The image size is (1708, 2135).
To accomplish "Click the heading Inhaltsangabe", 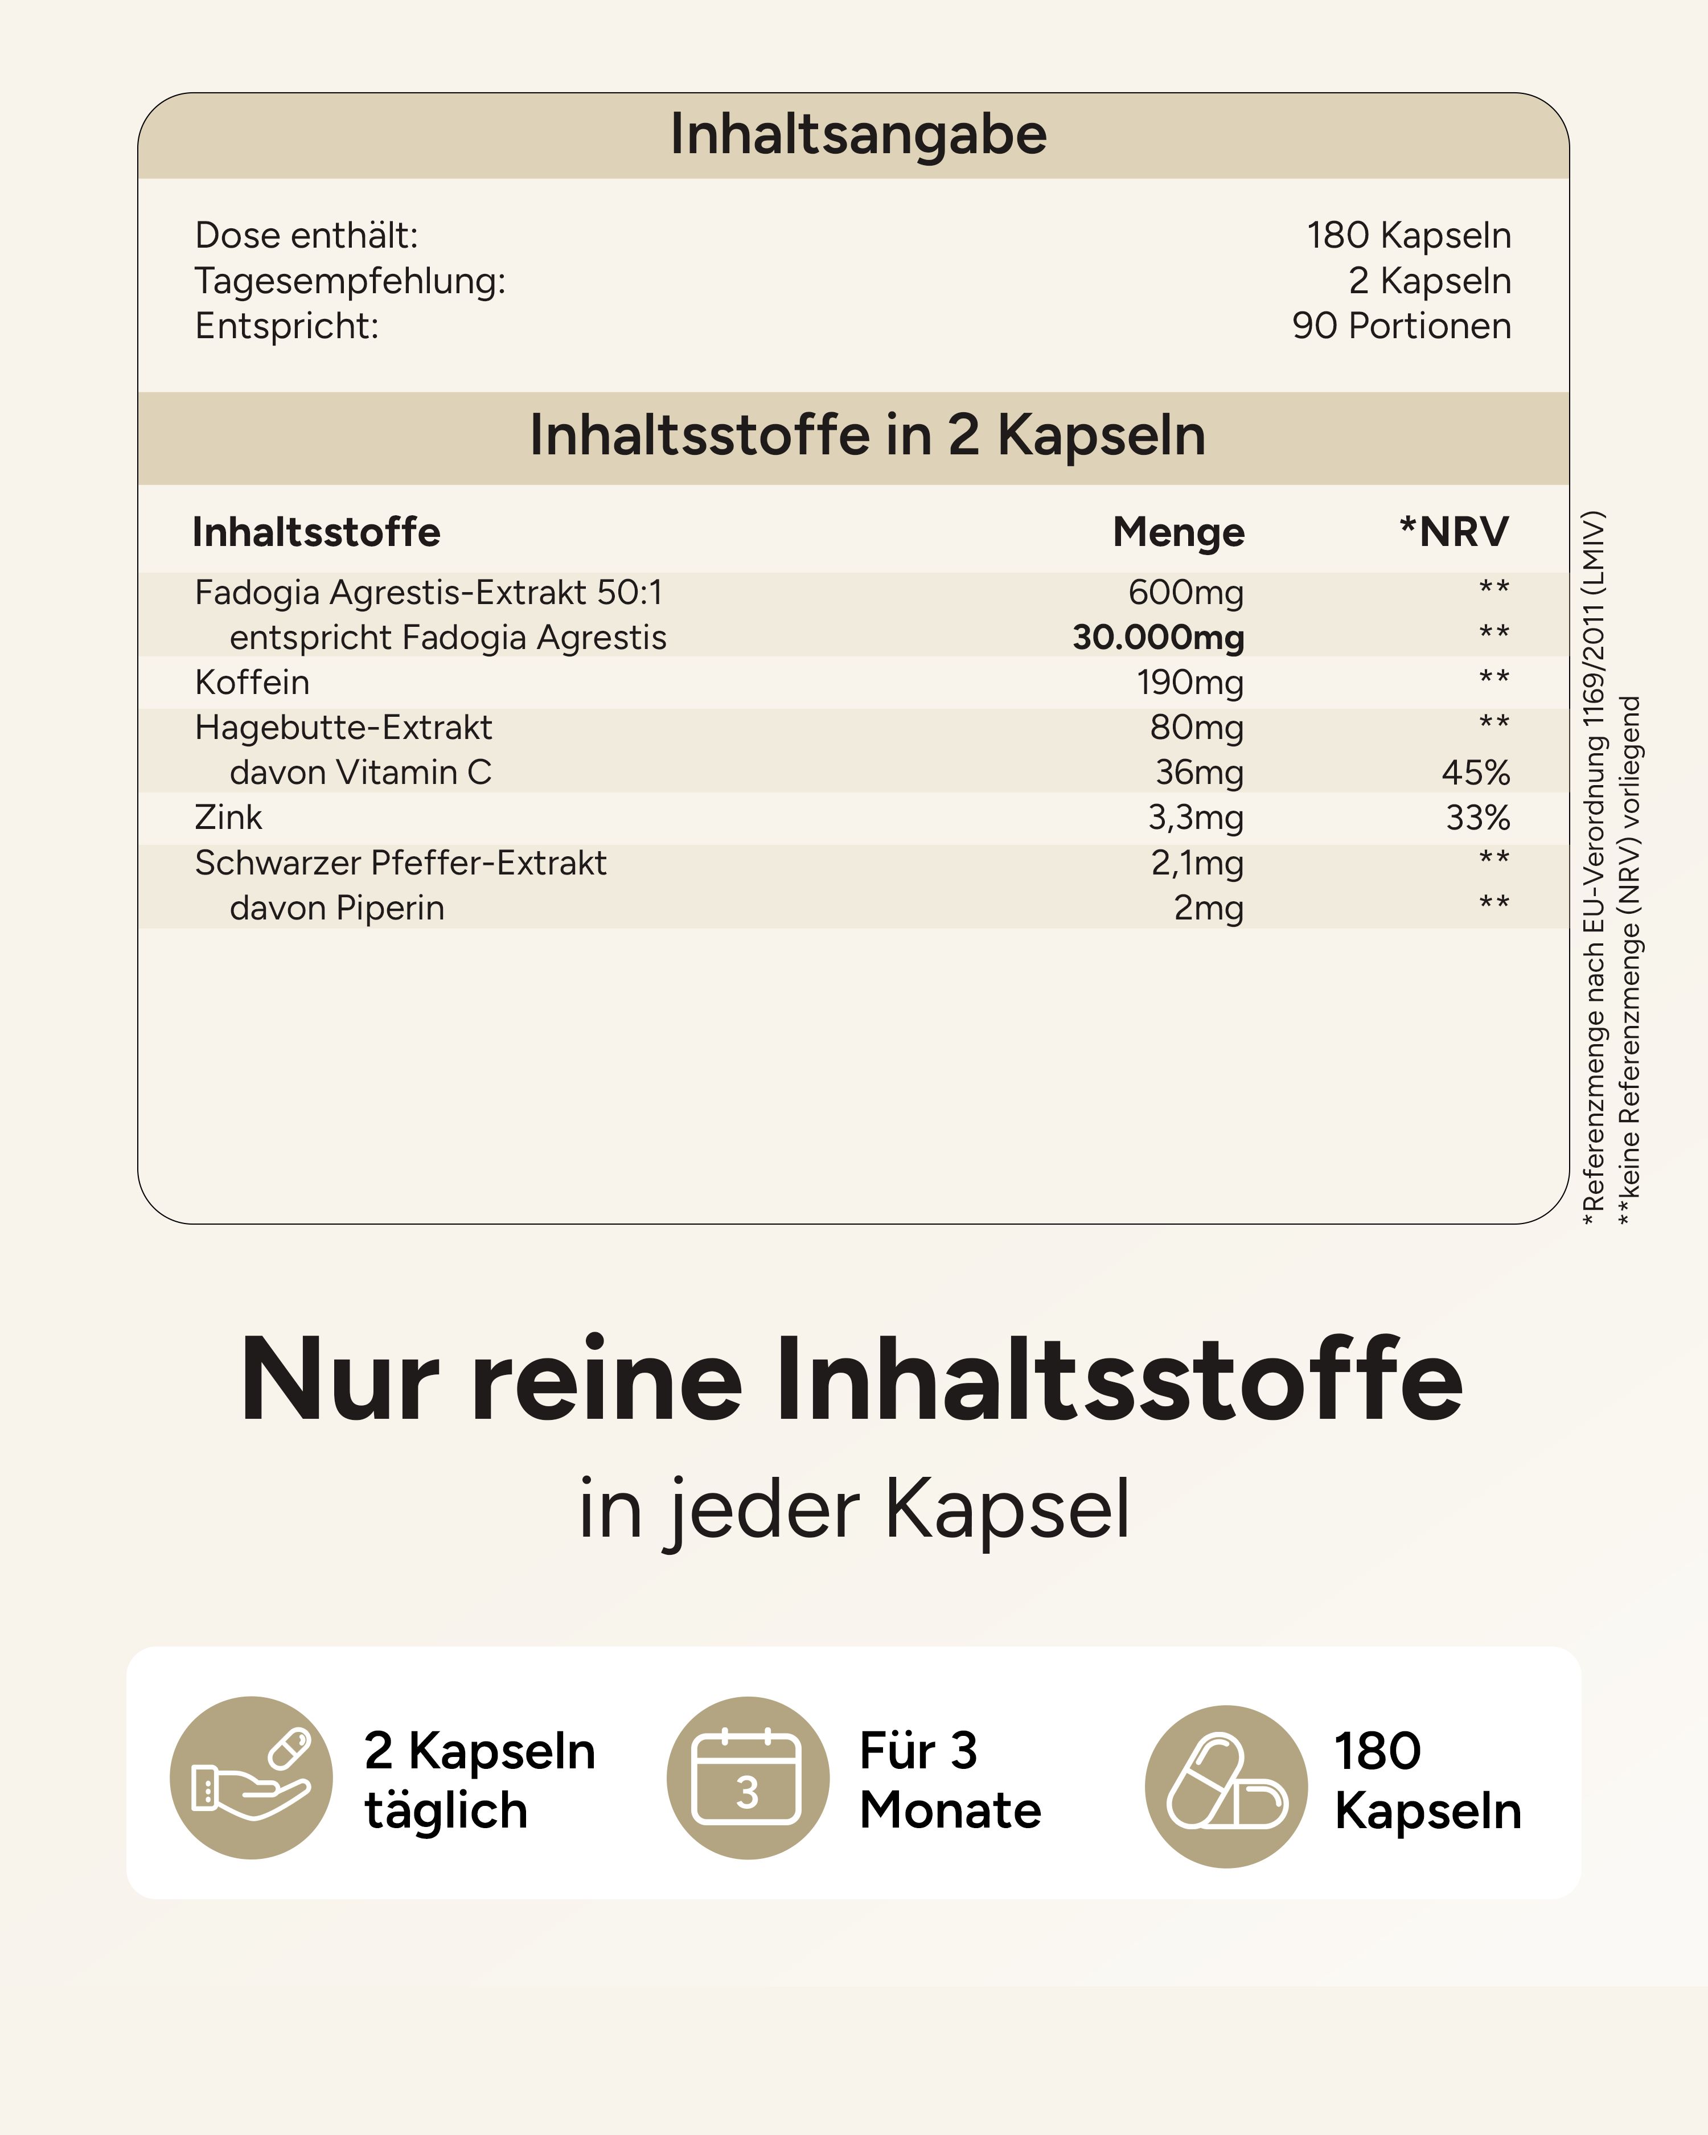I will click(x=857, y=135).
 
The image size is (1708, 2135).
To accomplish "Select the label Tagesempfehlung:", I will click(x=350, y=281).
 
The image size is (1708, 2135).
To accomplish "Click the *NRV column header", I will click(x=1452, y=532).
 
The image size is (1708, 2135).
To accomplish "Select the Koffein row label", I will click(x=252, y=682).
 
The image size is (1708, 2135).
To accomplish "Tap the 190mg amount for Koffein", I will click(x=1189, y=682).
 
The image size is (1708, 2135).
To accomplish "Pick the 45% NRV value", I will click(x=1475, y=773).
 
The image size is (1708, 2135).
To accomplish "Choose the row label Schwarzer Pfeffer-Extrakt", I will click(x=400, y=863).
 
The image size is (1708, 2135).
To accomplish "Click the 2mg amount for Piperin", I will click(x=1208, y=908).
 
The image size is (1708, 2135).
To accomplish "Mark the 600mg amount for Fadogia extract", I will click(x=1185, y=592).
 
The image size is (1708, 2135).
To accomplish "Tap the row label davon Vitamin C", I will click(x=360, y=773).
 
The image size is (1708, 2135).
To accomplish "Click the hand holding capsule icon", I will click(x=252, y=1777).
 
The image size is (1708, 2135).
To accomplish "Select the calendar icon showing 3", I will click(x=748, y=1777).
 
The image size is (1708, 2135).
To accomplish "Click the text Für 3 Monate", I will click(x=949, y=1780).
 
